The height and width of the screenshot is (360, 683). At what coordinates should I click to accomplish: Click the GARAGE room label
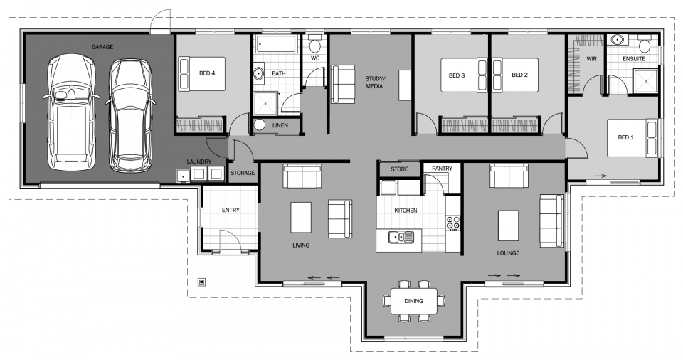click(102, 47)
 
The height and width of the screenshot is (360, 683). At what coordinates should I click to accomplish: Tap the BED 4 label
click(207, 73)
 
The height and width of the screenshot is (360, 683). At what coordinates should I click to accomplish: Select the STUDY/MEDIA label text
click(374, 82)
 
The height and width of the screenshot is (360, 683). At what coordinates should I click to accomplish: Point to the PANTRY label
click(442, 169)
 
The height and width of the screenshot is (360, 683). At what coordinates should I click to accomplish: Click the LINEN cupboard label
click(280, 125)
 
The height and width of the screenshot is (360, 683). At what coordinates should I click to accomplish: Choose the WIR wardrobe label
click(591, 58)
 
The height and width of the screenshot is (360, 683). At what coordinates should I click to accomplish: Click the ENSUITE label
click(633, 58)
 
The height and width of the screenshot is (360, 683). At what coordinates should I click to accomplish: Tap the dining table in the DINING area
click(413, 300)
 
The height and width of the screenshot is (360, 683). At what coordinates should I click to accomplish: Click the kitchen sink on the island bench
click(401, 237)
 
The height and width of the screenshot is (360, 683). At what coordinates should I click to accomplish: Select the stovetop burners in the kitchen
click(452, 223)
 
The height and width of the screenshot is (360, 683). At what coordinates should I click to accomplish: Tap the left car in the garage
click(70, 114)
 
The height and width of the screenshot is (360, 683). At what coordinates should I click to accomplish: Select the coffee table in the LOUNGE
click(509, 226)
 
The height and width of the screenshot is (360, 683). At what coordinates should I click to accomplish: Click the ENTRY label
click(231, 211)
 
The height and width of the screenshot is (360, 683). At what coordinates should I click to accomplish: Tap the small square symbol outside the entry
click(202, 282)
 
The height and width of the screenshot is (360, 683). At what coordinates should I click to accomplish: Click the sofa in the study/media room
click(343, 83)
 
